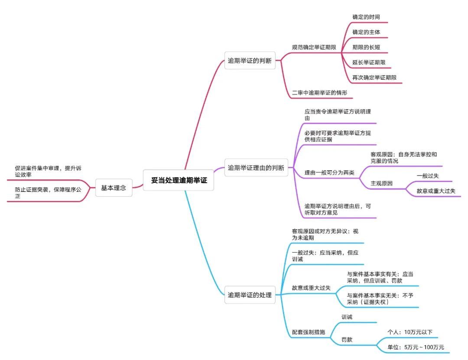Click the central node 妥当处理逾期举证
pos(179,181)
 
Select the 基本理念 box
pos(114,188)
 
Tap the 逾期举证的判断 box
pos(250,61)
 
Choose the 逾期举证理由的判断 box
pos(256,167)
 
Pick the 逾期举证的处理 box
pos(250,295)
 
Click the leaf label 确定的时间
pos(366,17)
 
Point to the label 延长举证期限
pos(369,62)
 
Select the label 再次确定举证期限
pos(374,78)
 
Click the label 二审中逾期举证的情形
pos(319,93)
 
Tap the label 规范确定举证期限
pos(314,47)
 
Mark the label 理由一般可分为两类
pos(329,172)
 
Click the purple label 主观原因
pos(381,183)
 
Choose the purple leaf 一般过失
pos(428,175)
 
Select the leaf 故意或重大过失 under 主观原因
pos(436,191)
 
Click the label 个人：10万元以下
pos(410,332)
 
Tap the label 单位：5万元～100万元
pos(416,347)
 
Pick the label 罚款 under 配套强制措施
pos(347,340)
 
